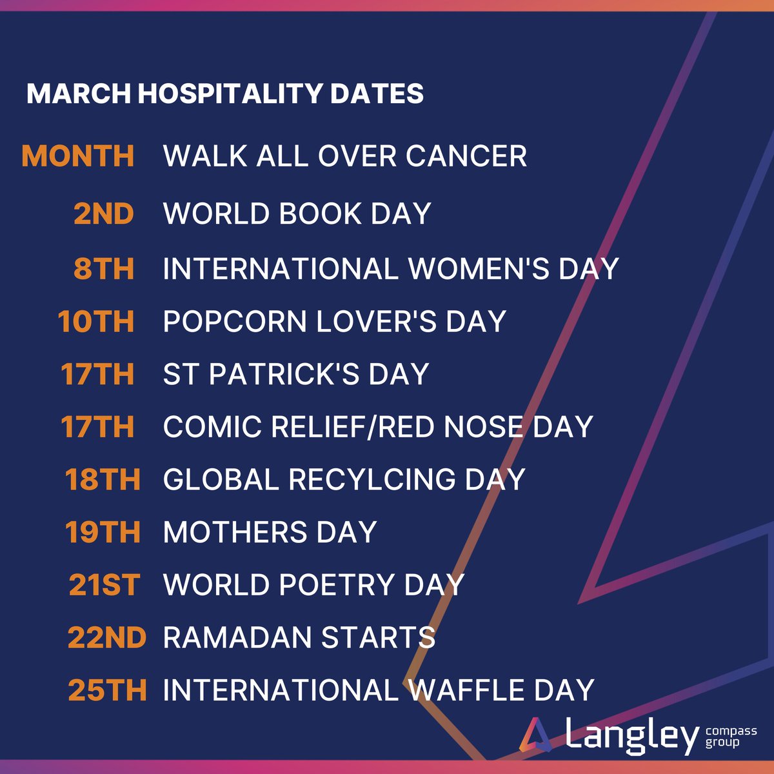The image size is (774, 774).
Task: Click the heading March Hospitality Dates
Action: pos(225,94)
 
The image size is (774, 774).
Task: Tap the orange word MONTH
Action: pos(78,156)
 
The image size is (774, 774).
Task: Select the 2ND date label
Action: pos(104,213)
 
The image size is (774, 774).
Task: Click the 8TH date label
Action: pos(104,268)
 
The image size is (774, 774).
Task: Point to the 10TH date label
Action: pos(96,321)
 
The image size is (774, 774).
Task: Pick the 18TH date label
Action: pos(103,479)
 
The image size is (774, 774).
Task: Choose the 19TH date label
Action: pos(103,532)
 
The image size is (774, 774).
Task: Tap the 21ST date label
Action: pos(104,585)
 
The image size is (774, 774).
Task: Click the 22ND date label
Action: pos(107,638)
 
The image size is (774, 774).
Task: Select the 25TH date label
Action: pos(107,690)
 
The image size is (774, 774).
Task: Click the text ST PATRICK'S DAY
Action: pos(296,374)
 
